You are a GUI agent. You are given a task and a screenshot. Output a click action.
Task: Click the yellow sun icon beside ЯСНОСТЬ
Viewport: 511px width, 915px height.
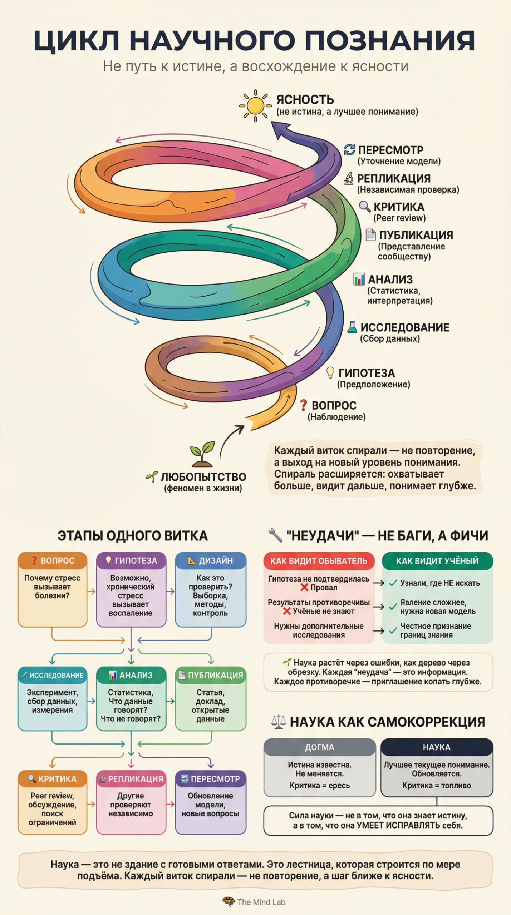pos(255,105)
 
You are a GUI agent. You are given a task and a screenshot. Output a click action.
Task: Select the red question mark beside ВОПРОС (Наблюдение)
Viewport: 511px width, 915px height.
pos(304,405)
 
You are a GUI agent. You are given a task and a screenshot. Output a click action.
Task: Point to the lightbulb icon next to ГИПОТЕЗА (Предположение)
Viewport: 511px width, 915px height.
pos(330,372)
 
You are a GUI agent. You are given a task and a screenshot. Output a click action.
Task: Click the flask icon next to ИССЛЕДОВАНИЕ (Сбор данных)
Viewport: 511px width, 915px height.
pos(352,327)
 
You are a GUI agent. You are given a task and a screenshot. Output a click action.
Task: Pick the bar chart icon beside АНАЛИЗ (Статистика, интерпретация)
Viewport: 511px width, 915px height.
pos(359,279)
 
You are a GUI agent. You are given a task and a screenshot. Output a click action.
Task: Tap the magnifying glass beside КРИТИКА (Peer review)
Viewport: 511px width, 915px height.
pos(364,206)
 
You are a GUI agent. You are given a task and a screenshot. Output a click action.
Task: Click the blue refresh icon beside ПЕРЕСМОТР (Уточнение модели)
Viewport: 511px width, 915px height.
pos(349,150)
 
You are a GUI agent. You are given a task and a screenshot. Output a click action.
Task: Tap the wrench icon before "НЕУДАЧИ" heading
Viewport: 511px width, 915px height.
pos(275,535)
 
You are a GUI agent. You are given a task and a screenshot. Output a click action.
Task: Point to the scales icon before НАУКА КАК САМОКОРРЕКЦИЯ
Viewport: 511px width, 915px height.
pos(279,722)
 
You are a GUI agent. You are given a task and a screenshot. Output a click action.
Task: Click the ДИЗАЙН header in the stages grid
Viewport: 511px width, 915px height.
pos(211,560)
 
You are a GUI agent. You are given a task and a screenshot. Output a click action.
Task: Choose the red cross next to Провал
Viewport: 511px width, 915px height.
pos(304,587)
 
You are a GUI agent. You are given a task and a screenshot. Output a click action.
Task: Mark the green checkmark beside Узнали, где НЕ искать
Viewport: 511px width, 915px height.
pos(393,583)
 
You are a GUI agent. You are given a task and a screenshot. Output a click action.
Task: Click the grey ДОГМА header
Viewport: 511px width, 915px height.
pos(319,747)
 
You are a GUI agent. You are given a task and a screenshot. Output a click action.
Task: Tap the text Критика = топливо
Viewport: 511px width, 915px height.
pos(436,785)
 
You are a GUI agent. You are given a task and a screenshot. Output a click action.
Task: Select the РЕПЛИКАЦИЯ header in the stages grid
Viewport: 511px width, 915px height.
pos(131,779)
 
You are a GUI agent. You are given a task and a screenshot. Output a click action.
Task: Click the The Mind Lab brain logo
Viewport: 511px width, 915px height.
pos(228,902)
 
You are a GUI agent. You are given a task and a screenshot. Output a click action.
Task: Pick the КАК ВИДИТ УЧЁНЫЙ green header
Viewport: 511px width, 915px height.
pos(437,561)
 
